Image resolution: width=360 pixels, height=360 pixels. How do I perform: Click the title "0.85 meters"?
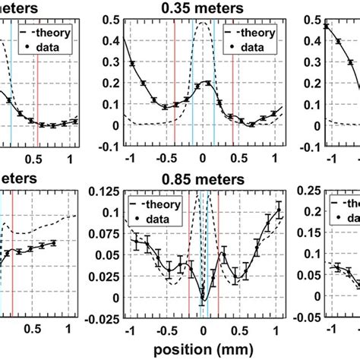click(x=202, y=180)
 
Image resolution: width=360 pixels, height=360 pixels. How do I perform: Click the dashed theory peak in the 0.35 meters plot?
click(x=202, y=24)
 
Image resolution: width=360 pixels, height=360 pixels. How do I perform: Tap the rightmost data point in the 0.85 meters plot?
click(x=278, y=211)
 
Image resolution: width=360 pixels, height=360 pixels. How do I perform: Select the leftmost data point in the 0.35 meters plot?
click(x=131, y=63)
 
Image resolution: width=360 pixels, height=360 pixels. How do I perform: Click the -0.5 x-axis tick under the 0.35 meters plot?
click(x=163, y=157)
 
